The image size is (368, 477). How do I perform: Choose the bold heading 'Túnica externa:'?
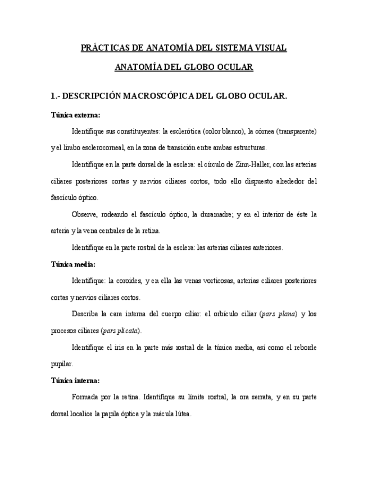[x=75, y=115]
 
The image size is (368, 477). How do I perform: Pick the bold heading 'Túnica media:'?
[x=73, y=264]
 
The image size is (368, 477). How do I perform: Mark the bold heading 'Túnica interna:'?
[x=75, y=380]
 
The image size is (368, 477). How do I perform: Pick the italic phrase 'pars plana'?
[x=279, y=314]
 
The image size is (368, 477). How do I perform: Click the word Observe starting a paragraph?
[x=85, y=214]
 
